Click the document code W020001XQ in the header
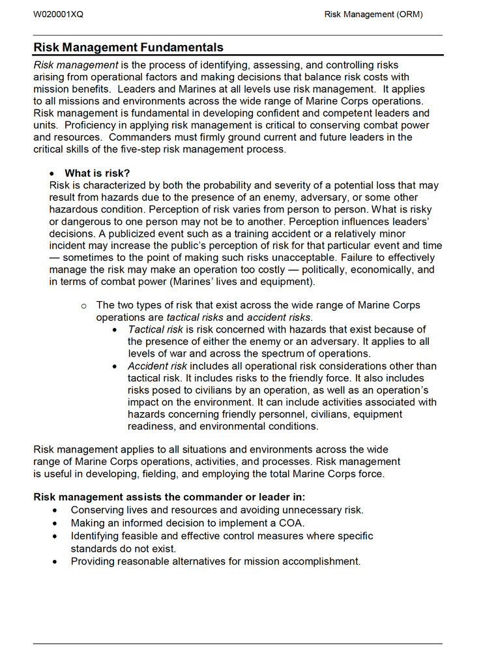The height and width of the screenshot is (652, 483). click(x=58, y=14)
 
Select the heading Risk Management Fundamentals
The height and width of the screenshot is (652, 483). click(x=128, y=48)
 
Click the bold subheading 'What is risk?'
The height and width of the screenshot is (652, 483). click(x=97, y=173)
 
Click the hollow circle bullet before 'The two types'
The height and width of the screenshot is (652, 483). click(x=83, y=306)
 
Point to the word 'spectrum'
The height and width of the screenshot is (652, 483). click(x=284, y=354)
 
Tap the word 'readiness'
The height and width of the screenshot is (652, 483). click(x=151, y=426)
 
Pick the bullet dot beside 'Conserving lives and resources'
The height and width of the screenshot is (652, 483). click(x=56, y=511)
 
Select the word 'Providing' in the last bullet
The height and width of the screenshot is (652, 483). click(x=93, y=561)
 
